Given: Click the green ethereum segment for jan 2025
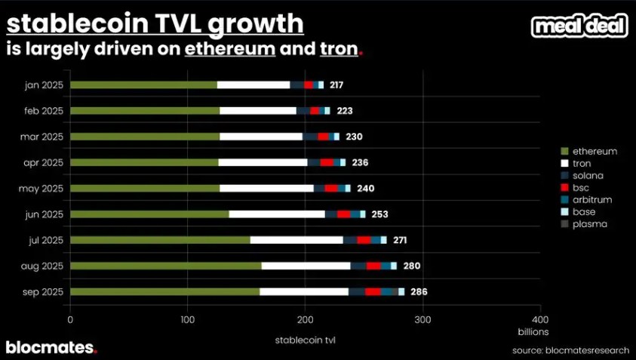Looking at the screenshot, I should point(143,85).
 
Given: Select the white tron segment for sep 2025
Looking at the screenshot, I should point(304,291).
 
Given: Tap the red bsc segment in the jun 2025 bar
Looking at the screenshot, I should point(343,214).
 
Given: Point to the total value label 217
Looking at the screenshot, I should point(336,85).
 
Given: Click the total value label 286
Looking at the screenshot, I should point(419,291).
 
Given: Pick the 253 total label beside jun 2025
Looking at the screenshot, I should point(379,214).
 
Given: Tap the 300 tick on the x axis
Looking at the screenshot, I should point(422,319).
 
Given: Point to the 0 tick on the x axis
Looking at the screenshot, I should point(70,319).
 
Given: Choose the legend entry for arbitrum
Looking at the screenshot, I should point(591,199).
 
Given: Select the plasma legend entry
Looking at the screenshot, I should point(589,223).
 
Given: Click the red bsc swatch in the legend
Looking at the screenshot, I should point(564,187).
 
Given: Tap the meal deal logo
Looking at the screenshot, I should point(579,26).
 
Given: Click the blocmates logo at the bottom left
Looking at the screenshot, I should point(51,347).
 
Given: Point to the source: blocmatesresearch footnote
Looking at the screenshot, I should point(570,350).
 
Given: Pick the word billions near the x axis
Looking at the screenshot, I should point(532,331).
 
